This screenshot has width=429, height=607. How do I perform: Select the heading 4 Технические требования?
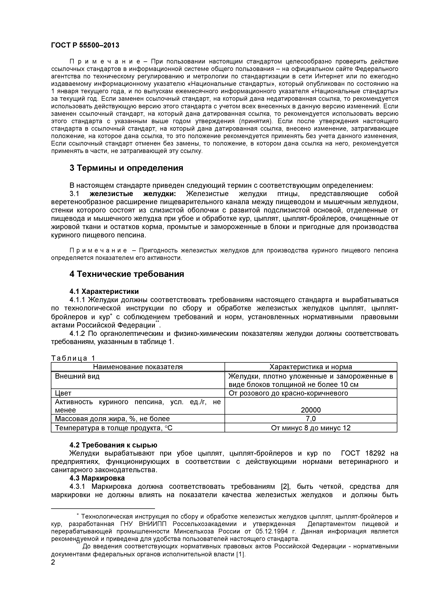pos(127,274)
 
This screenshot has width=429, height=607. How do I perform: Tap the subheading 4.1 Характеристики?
pos(104,291)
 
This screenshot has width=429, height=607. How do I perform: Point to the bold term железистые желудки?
pos(133,194)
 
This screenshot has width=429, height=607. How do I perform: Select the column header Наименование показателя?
pos(138,367)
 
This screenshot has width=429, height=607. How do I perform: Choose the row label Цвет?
pos(63,393)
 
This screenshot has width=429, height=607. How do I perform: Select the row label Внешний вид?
pos(77,376)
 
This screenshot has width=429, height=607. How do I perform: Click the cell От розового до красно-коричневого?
pos(288,393)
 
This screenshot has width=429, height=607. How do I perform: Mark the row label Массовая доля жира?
pos(112,419)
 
